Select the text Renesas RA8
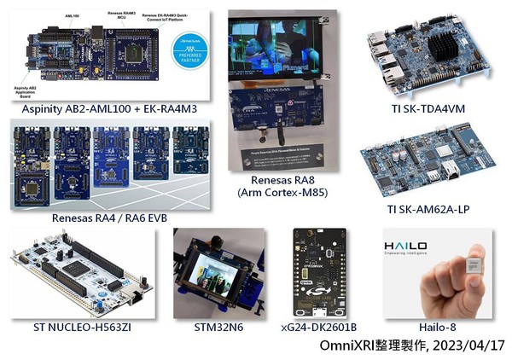281,181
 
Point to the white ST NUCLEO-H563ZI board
81,273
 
